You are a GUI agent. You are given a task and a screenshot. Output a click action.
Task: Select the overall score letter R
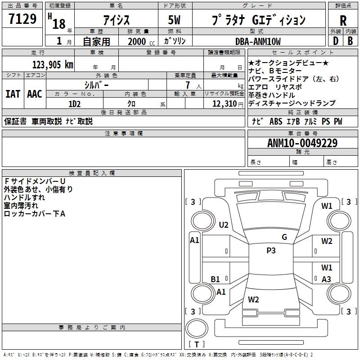pyautogui.click(x=343, y=20)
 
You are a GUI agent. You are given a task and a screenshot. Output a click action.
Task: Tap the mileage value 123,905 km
pyautogui.click(x=53, y=65)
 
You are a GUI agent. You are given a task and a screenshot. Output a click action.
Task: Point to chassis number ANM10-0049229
pyautogui.click(x=302, y=143)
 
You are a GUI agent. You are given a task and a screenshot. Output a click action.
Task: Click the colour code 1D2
pyautogui.click(x=74, y=103)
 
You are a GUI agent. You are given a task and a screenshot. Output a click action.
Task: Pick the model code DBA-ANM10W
pyautogui.click(x=258, y=41)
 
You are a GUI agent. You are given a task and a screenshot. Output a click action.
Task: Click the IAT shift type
pyautogui.click(x=13, y=94)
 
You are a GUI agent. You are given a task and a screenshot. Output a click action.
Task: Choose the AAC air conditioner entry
pyautogui.click(x=34, y=94)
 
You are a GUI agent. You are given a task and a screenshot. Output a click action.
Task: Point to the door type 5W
pyautogui.click(x=175, y=20)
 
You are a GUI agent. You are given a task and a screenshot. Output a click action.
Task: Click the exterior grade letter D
pyautogui.click(x=335, y=41)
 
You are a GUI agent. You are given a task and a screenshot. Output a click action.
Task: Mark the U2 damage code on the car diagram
pyautogui.click(x=224, y=225)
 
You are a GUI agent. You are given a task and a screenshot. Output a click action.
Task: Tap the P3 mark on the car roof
pyautogui.click(x=271, y=251)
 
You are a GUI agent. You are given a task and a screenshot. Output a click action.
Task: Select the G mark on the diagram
pyautogui.click(x=284, y=237)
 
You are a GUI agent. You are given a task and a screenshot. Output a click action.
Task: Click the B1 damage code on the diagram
pyautogui.click(x=216, y=279)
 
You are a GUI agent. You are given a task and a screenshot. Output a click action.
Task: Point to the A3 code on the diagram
pyautogui.click(x=326, y=279)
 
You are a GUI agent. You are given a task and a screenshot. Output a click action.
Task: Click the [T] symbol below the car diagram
pyautogui.click(x=196, y=345)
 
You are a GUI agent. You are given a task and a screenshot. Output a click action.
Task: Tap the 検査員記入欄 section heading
pyautogui.click(x=92, y=173)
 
